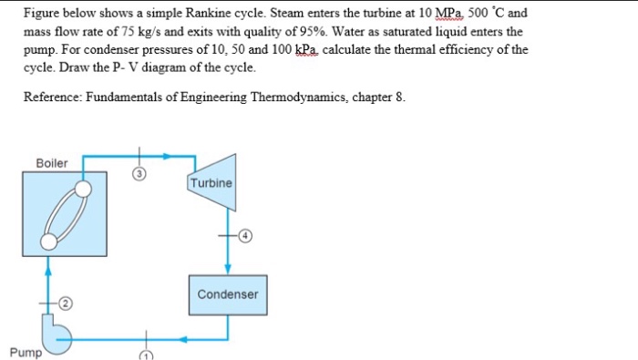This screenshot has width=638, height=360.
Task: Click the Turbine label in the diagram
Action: coord(211,183)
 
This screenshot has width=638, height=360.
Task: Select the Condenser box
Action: coord(227,294)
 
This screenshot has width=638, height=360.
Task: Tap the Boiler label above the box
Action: coord(52,162)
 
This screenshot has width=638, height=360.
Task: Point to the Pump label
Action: coord(25,352)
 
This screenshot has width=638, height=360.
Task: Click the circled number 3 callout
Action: coord(139,176)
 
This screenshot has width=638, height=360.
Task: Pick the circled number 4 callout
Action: coord(245,235)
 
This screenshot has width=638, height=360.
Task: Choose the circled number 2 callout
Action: coord(67,303)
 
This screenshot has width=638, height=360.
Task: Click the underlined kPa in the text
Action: coord(301,49)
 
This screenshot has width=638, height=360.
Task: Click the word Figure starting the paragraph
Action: coord(41,15)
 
